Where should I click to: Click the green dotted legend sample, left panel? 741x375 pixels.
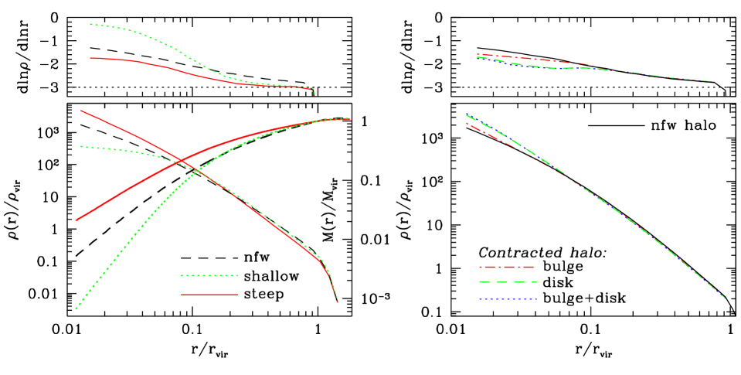(209, 275)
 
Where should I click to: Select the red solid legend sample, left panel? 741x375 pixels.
(209, 294)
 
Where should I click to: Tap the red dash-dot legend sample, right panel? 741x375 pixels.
(506, 267)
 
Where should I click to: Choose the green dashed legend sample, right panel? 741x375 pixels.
(508, 282)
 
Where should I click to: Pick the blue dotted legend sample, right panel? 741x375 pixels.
(508, 298)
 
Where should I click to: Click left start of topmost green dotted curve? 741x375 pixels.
(90, 24)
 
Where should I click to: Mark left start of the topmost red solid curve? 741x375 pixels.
(90, 58)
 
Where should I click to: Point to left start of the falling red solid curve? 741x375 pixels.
(81, 111)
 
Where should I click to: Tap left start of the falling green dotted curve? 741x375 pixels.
(81, 146)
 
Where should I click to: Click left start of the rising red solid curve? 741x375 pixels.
(76, 220)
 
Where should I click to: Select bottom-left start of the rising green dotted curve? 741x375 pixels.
(76, 309)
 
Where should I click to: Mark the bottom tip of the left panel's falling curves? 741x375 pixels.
(338, 302)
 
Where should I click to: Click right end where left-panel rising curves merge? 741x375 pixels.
(349, 118)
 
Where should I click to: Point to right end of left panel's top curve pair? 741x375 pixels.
(314, 94)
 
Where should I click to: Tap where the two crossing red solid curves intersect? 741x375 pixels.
(181, 161)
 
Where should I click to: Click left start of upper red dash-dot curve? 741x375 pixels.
(478, 54)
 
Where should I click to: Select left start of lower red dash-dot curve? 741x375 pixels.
(466, 123)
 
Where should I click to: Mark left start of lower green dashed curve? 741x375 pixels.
(466, 115)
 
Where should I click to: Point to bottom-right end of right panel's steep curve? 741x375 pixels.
(725, 298)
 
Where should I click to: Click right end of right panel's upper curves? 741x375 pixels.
(715, 81)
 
